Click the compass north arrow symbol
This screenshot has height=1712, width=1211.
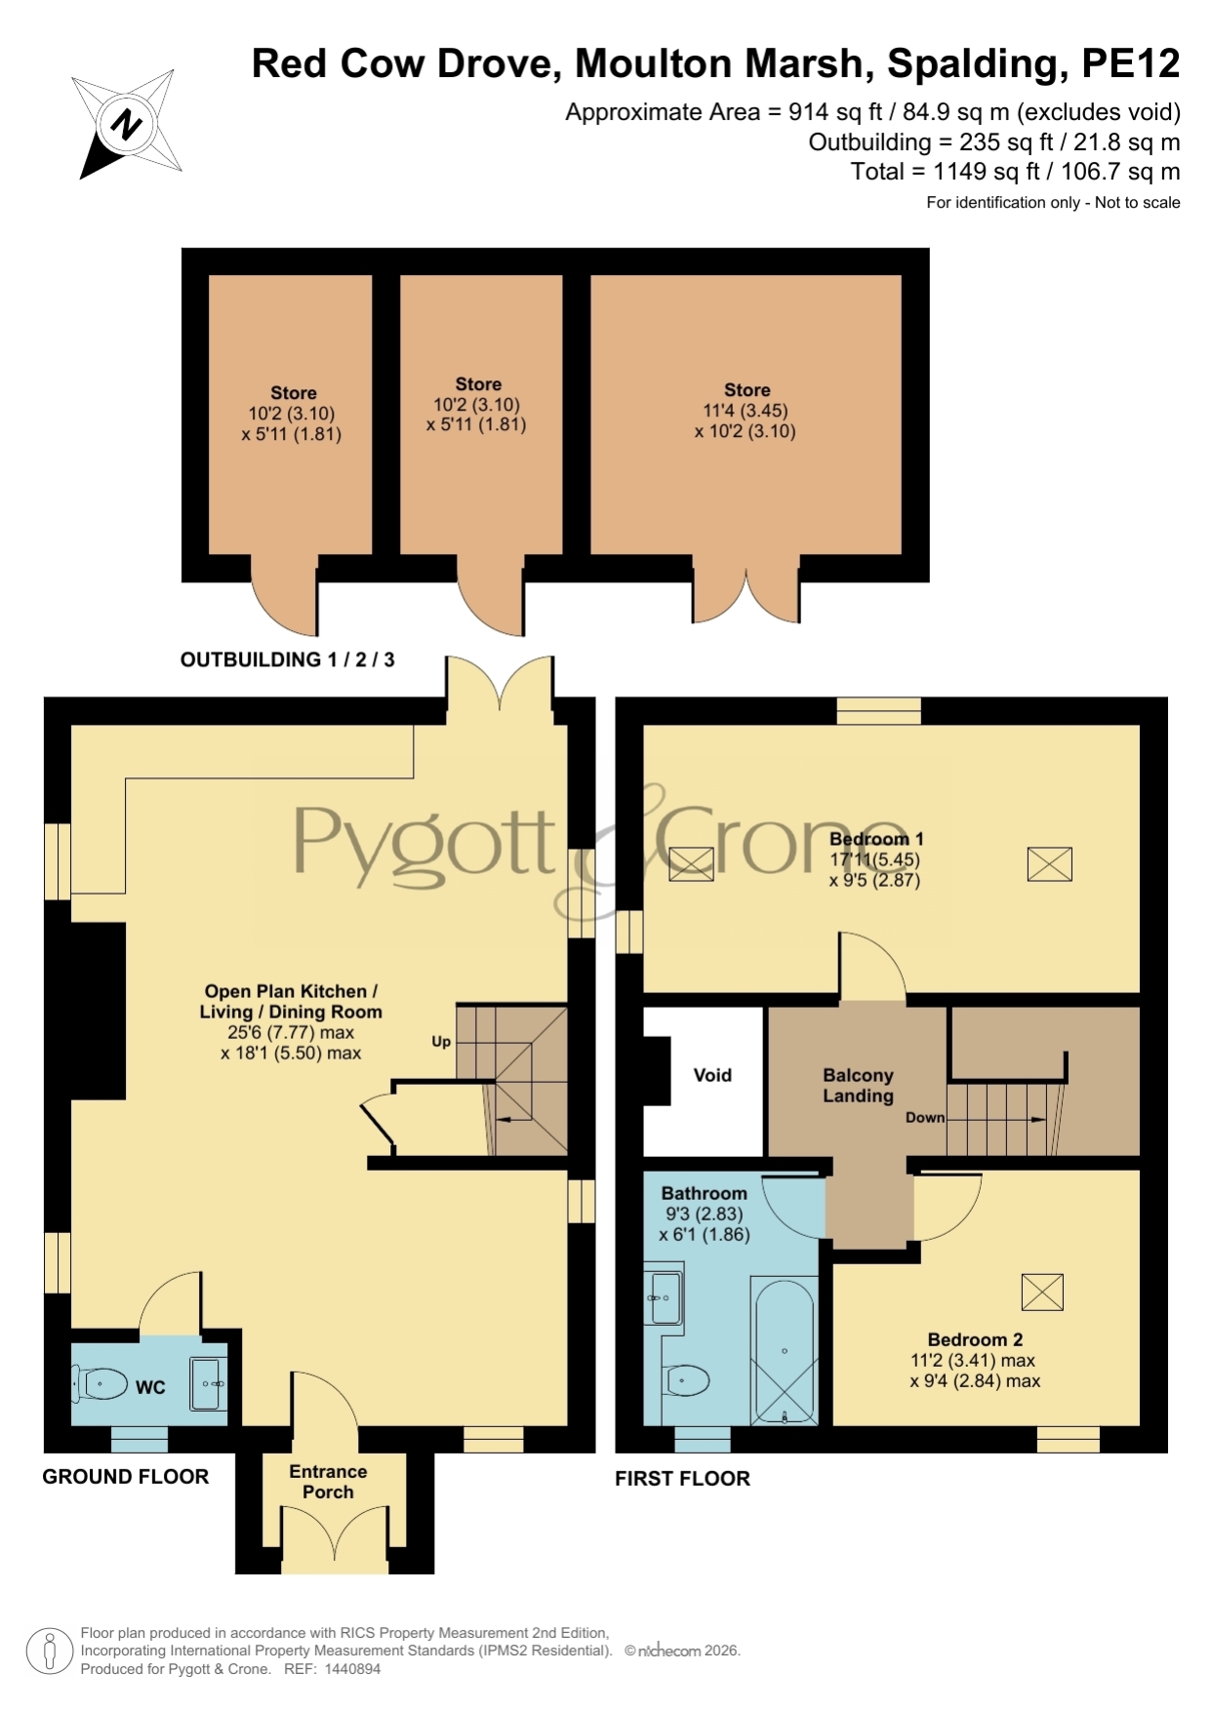(x=127, y=124)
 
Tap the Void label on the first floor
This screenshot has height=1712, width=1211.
(x=712, y=1075)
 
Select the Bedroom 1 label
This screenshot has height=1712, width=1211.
(x=876, y=839)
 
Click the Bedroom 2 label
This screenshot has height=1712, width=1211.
(x=975, y=1339)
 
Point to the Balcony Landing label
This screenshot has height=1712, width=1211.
(x=858, y=1086)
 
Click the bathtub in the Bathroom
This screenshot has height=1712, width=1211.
(x=784, y=1351)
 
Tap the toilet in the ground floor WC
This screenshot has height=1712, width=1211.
(x=101, y=1383)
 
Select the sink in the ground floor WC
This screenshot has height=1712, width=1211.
(x=209, y=1383)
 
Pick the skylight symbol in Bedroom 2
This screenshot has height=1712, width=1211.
(x=1042, y=1293)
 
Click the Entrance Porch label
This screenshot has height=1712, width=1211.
(x=328, y=1482)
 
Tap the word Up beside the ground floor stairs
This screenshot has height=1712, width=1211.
(x=441, y=1042)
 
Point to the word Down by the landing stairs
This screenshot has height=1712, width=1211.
(x=925, y=1118)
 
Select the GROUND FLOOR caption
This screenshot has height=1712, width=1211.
(x=126, y=1477)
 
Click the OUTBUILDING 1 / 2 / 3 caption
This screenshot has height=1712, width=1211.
(x=288, y=659)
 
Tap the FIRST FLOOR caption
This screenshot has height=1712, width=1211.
(x=682, y=1479)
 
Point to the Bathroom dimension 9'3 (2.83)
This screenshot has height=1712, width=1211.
(x=705, y=1214)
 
